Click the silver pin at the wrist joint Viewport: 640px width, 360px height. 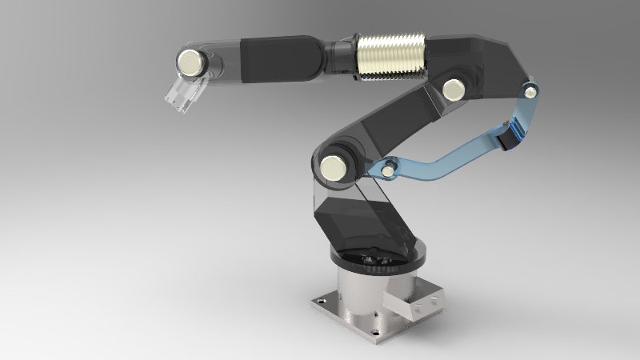point(190,62)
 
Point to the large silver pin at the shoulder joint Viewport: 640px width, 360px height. point(332,167)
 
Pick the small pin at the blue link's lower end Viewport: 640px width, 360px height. point(388,169)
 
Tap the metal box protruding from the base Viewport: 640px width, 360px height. point(412,304)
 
